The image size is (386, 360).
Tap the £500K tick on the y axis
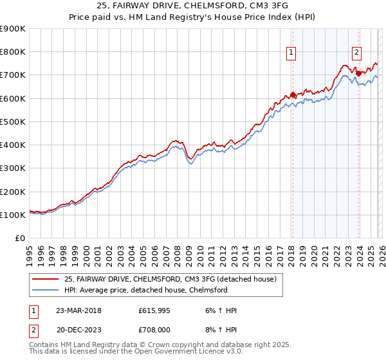(x=12, y=122)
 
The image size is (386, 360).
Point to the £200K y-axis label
(x=12, y=192)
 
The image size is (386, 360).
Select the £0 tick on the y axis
(x=20, y=239)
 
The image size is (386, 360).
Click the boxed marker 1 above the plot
(x=292, y=53)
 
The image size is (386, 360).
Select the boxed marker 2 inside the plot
(x=356, y=53)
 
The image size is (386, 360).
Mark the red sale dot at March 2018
(x=293, y=95)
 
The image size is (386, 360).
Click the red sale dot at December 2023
(x=358, y=73)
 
